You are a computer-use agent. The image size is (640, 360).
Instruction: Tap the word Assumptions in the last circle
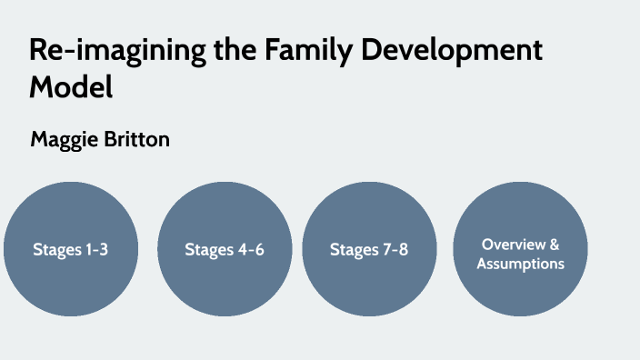click(520, 264)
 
